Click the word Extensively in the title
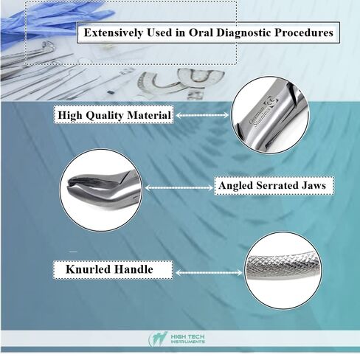click(113, 32)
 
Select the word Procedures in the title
click(304, 32)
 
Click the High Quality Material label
click(114, 115)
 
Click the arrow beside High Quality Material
click(202, 115)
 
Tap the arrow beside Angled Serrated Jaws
click(179, 188)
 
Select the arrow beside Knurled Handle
click(209, 272)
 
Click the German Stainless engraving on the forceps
click(260, 117)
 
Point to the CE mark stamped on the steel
click(271, 102)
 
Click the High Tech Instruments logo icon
click(158, 339)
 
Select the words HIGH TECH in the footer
click(187, 336)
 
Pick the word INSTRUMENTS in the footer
click(187, 342)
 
